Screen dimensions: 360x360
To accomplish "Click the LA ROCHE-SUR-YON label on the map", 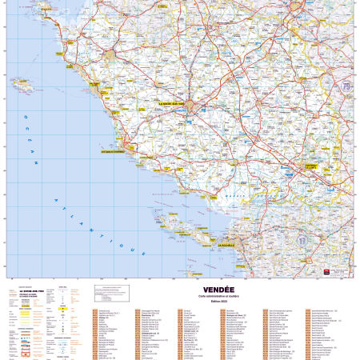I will (170, 103).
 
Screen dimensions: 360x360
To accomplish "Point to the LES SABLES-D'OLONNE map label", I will (112, 148).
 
